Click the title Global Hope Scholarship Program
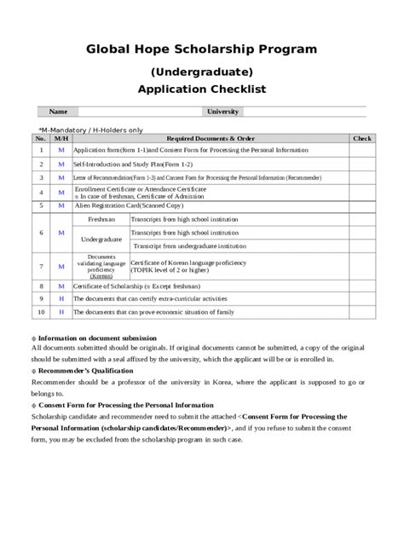pos(201,49)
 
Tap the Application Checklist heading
pos(201,89)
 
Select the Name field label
pos(58,112)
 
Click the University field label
pos(223,112)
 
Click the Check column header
pos(362,138)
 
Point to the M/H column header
pos(61,138)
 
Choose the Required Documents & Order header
pos(211,138)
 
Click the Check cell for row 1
pos(362,150)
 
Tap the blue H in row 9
pos(61,299)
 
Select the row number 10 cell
pos(41,312)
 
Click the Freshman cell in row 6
pos(101,219)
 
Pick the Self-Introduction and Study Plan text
pos(133,163)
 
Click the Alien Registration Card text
pos(129,205)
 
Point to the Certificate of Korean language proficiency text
pos(189,263)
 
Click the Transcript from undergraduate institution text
pos(189,245)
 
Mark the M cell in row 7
pos(61,266)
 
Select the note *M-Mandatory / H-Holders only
pos(90,130)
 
